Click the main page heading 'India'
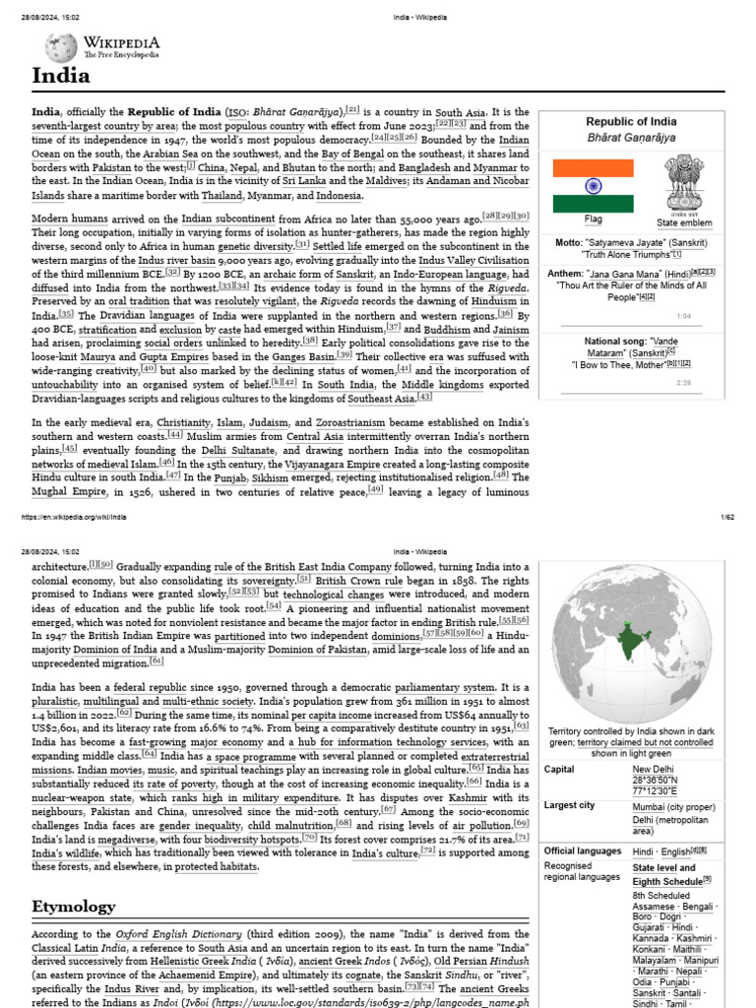61,76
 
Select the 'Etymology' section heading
75,905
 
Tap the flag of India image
594,186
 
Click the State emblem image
682,182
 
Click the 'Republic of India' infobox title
631,121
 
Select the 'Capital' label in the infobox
559,769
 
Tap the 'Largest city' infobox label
569,805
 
